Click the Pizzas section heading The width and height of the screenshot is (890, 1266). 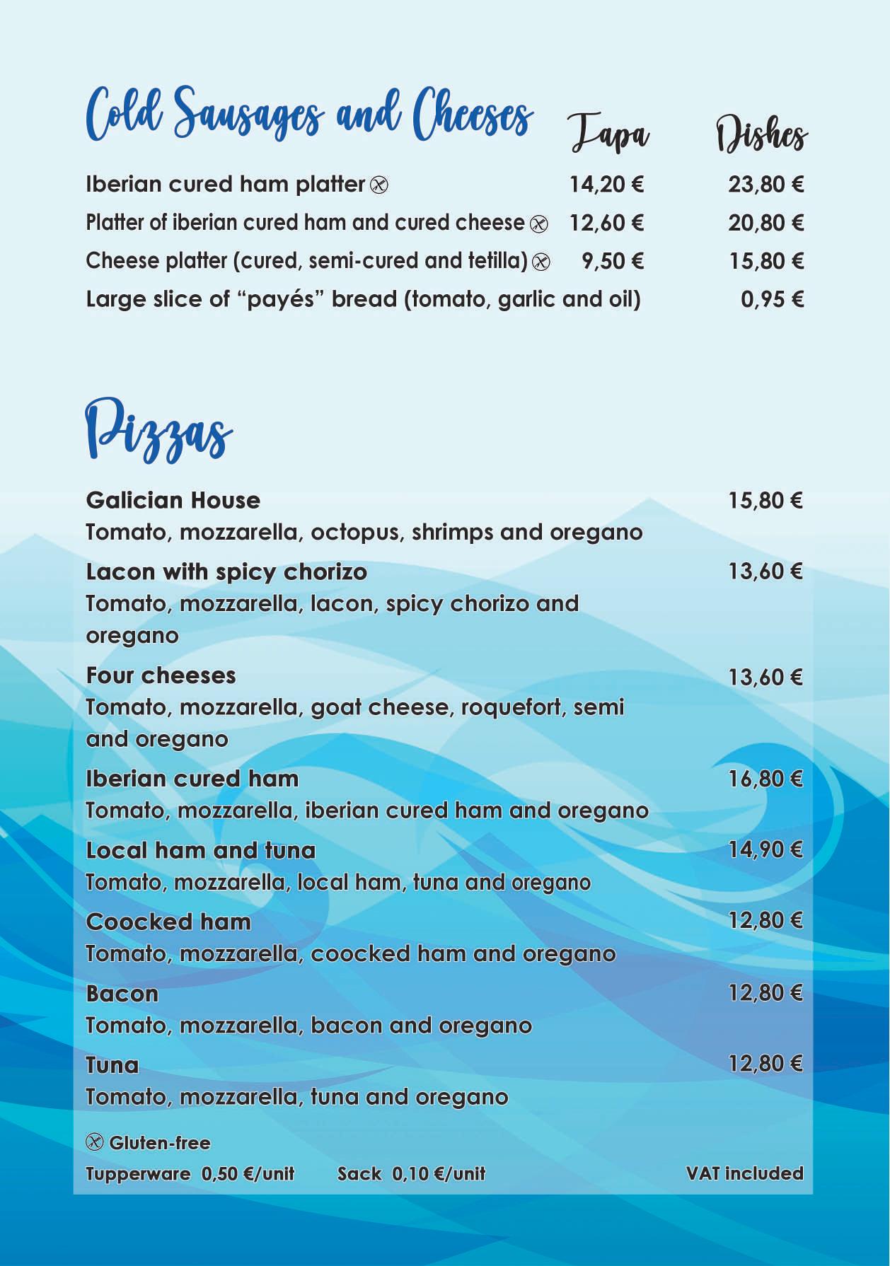(158, 430)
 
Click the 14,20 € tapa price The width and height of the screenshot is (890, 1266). (606, 185)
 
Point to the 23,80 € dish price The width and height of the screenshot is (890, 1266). (766, 185)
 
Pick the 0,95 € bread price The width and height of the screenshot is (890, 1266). (772, 299)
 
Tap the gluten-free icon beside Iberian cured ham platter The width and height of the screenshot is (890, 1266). (379, 185)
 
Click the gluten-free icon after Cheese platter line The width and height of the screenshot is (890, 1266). (541, 262)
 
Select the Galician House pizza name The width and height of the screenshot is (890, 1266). (173, 500)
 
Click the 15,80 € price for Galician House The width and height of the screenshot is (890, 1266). (765, 501)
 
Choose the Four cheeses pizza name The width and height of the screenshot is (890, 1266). (161, 675)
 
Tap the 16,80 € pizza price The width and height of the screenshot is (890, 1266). (765, 779)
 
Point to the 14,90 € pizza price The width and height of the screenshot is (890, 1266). (765, 849)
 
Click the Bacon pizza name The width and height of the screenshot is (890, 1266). (122, 994)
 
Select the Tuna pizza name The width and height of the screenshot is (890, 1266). (112, 1065)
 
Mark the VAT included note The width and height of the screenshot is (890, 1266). (744, 1173)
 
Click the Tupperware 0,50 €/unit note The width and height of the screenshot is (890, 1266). (190, 1174)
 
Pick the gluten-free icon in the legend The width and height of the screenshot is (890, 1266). (95, 1142)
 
